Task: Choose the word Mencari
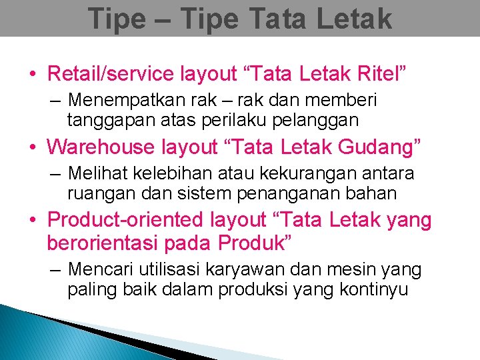(99, 270)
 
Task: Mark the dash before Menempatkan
(55, 101)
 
